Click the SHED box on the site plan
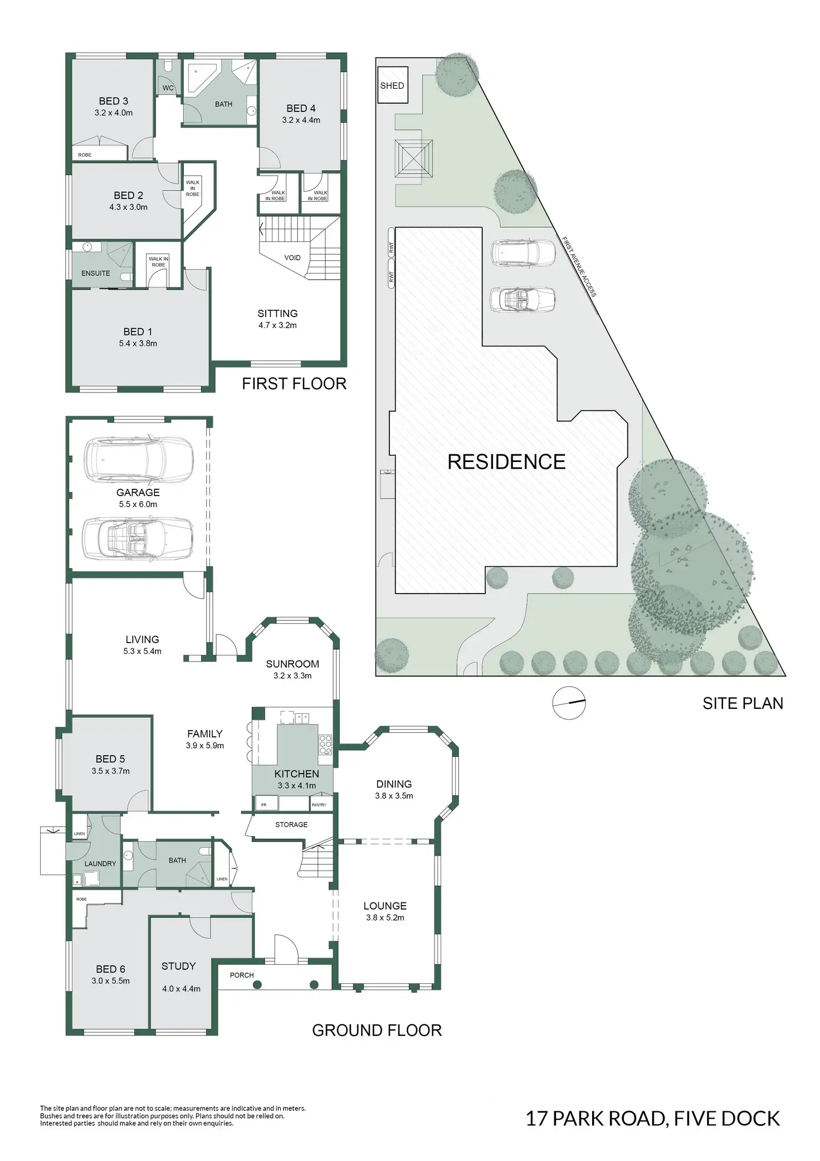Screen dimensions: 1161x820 pyautogui.click(x=392, y=85)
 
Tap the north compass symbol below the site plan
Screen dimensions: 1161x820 pyautogui.click(x=569, y=703)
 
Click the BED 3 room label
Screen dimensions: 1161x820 pyautogui.click(x=114, y=101)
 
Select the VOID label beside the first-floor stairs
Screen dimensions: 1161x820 pyautogui.click(x=292, y=258)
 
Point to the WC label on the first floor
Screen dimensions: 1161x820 pyautogui.click(x=168, y=88)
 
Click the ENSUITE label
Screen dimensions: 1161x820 pyautogui.click(x=96, y=273)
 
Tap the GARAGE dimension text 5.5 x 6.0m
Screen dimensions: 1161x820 pyautogui.click(x=138, y=504)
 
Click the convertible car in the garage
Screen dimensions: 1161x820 pyautogui.click(x=138, y=538)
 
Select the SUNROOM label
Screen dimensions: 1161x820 pyautogui.click(x=292, y=664)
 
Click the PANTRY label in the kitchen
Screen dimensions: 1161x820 pyautogui.click(x=319, y=805)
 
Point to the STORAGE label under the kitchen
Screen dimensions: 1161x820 pyautogui.click(x=291, y=824)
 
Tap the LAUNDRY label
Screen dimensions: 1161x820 pyautogui.click(x=100, y=863)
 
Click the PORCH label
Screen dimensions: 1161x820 pyautogui.click(x=242, y=975)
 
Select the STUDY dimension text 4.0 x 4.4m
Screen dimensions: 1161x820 pyautogui.click(x=181, y=989)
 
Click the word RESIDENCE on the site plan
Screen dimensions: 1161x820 pyautogui.click(x=506, y=462)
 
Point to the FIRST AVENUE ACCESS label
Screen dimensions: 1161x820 pyautogui.click(x=579, y=267)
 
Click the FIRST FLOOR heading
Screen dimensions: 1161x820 pyautogui.click(x=294, y=383)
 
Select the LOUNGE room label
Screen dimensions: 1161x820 pyautogui.click(x=385, y=906)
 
